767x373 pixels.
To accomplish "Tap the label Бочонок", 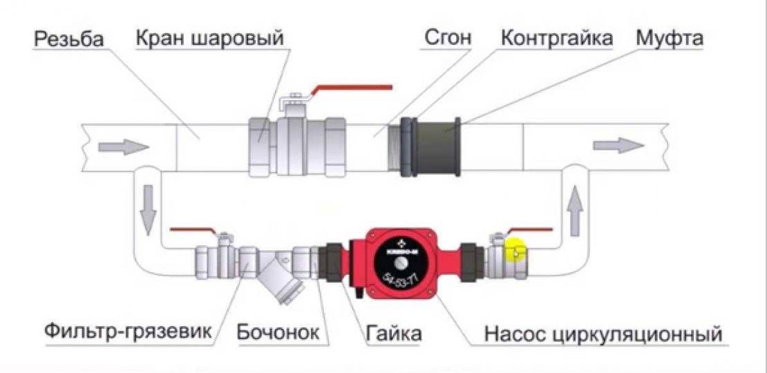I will pyautogui.click(x=278, y=333).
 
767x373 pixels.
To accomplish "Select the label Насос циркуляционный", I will pyautogui.click(x=603, y=334).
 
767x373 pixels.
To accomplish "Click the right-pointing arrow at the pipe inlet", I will pyautogui.click(x=123, y=146).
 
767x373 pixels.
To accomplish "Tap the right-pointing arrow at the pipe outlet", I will pyautogui.click(x=618, y=145).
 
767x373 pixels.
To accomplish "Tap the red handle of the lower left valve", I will pyautogui.click(x=193, y=230).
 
